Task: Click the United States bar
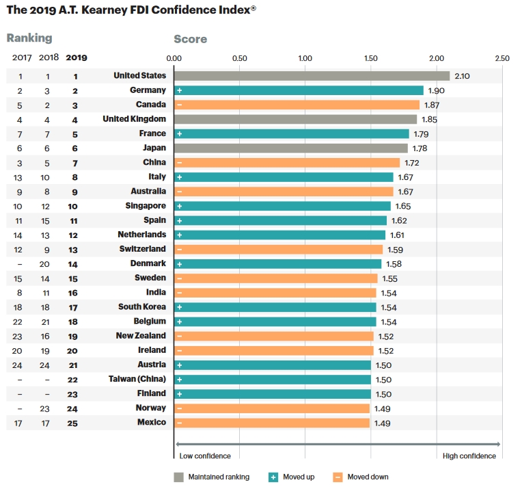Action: coord(312,76)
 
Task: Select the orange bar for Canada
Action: coord(297,105)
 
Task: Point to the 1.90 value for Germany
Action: coord(437,90)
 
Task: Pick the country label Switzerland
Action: coord(142,249)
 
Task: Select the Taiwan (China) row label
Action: coord(137,379)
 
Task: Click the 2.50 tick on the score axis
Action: coord(502,58)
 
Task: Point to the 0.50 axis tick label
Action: coord(240,58)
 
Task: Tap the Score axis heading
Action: coord(191,39)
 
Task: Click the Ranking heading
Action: coord(29,38)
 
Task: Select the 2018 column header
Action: coord(48,58)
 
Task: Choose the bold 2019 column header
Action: coord(77,58)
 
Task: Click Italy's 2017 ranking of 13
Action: coord(20,177)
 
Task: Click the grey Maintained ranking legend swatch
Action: coord(179,477)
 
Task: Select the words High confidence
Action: coord(469,456)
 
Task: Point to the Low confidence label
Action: coord(205,456)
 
